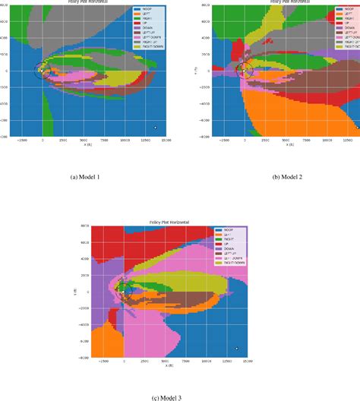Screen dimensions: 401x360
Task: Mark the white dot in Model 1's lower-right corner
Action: (155, 128)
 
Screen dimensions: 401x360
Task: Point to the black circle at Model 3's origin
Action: (125, 291)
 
